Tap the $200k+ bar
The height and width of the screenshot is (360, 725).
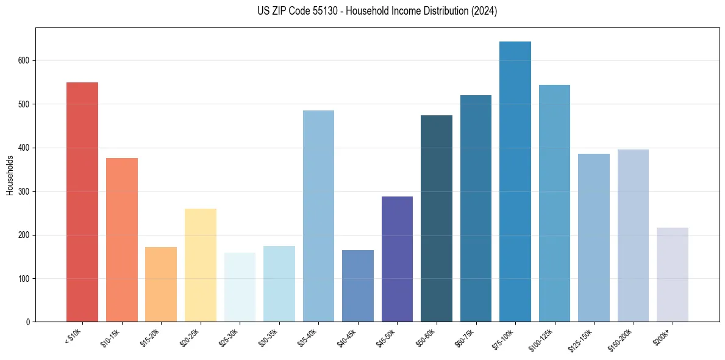point(672,275)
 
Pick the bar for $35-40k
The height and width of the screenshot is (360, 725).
point(318,216)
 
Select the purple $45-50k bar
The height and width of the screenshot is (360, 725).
point(397,259)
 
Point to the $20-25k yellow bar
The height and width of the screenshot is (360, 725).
point(200,265)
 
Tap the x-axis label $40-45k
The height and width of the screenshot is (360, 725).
point(346,337)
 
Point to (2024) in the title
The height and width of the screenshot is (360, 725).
point(484,12)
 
